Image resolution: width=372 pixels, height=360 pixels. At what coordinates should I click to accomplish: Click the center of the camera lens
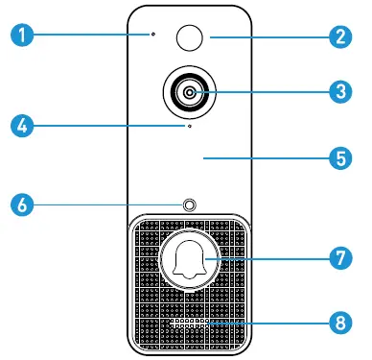[189, 92]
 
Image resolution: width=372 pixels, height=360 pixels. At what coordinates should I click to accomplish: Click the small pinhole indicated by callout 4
[189, 125]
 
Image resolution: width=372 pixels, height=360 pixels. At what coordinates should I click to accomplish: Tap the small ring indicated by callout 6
[189, 205]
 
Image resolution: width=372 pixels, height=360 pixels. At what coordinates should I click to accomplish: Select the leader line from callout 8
[268, 324]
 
